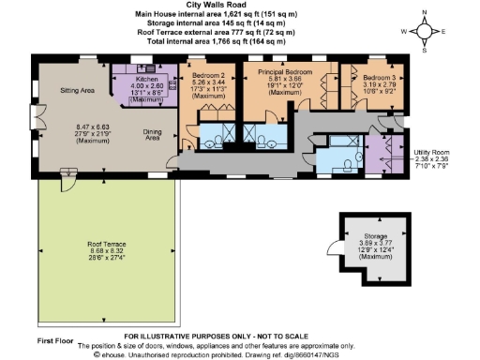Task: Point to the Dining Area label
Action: pyautogui.click(x=156, y=136)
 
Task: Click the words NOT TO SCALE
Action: pyautogui.click(x=286, y=336)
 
